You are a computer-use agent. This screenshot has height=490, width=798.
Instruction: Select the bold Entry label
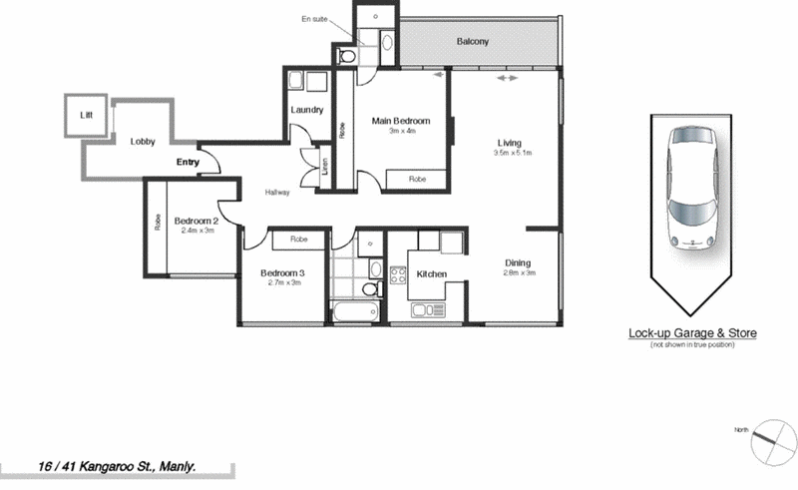pos(188,162)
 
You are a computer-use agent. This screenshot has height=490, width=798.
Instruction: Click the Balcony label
pos(473,42)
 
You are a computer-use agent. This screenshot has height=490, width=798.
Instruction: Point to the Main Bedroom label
pos(401,121)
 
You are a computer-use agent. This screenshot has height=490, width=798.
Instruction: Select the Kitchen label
pos(430,273)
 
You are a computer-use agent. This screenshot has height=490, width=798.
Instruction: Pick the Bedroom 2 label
pos(196,221)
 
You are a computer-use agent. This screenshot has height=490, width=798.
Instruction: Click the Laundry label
pos(306,110)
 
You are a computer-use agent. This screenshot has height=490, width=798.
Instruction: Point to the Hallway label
pos(277,193)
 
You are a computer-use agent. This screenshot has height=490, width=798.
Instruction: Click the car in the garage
pos(692,190)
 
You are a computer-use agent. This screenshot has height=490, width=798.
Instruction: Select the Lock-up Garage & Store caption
pos(692,333)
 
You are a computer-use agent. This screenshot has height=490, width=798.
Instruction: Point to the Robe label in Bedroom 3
pos(298,240)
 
